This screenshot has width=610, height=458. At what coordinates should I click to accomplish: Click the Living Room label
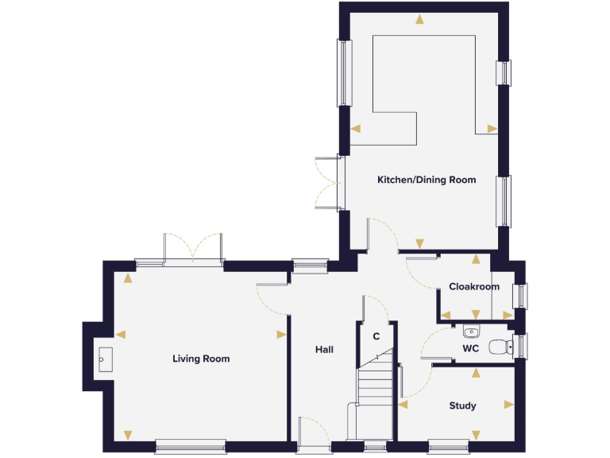coord(201,359)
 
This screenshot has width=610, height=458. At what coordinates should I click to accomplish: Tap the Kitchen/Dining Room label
coord(427,180)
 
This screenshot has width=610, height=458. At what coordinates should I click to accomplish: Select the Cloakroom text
coord(474,286)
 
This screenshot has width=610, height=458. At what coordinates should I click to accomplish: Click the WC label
coord(470,347)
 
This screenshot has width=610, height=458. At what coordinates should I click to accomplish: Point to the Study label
coord(462,406)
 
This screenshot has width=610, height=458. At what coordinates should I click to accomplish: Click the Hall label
coord(324,349)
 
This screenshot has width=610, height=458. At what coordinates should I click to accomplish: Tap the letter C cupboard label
coord(376,336)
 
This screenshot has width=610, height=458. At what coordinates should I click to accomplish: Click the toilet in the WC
coord(500,347)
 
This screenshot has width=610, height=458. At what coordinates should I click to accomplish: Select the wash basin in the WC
coord(470,332)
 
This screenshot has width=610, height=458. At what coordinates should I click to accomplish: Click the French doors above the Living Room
coord(192,249)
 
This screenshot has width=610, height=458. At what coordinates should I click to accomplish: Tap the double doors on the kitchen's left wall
coord(327,184)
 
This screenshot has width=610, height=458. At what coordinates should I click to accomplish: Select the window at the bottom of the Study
coord(449,446)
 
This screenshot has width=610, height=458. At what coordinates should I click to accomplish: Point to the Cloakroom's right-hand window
coord(521,296)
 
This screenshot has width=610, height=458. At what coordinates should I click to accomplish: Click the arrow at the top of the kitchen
coord(419,20)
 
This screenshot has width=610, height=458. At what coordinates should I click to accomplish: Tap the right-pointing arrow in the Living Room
coord(280,335)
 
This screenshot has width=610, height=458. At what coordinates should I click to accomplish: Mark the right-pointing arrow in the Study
coord(509,404)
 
